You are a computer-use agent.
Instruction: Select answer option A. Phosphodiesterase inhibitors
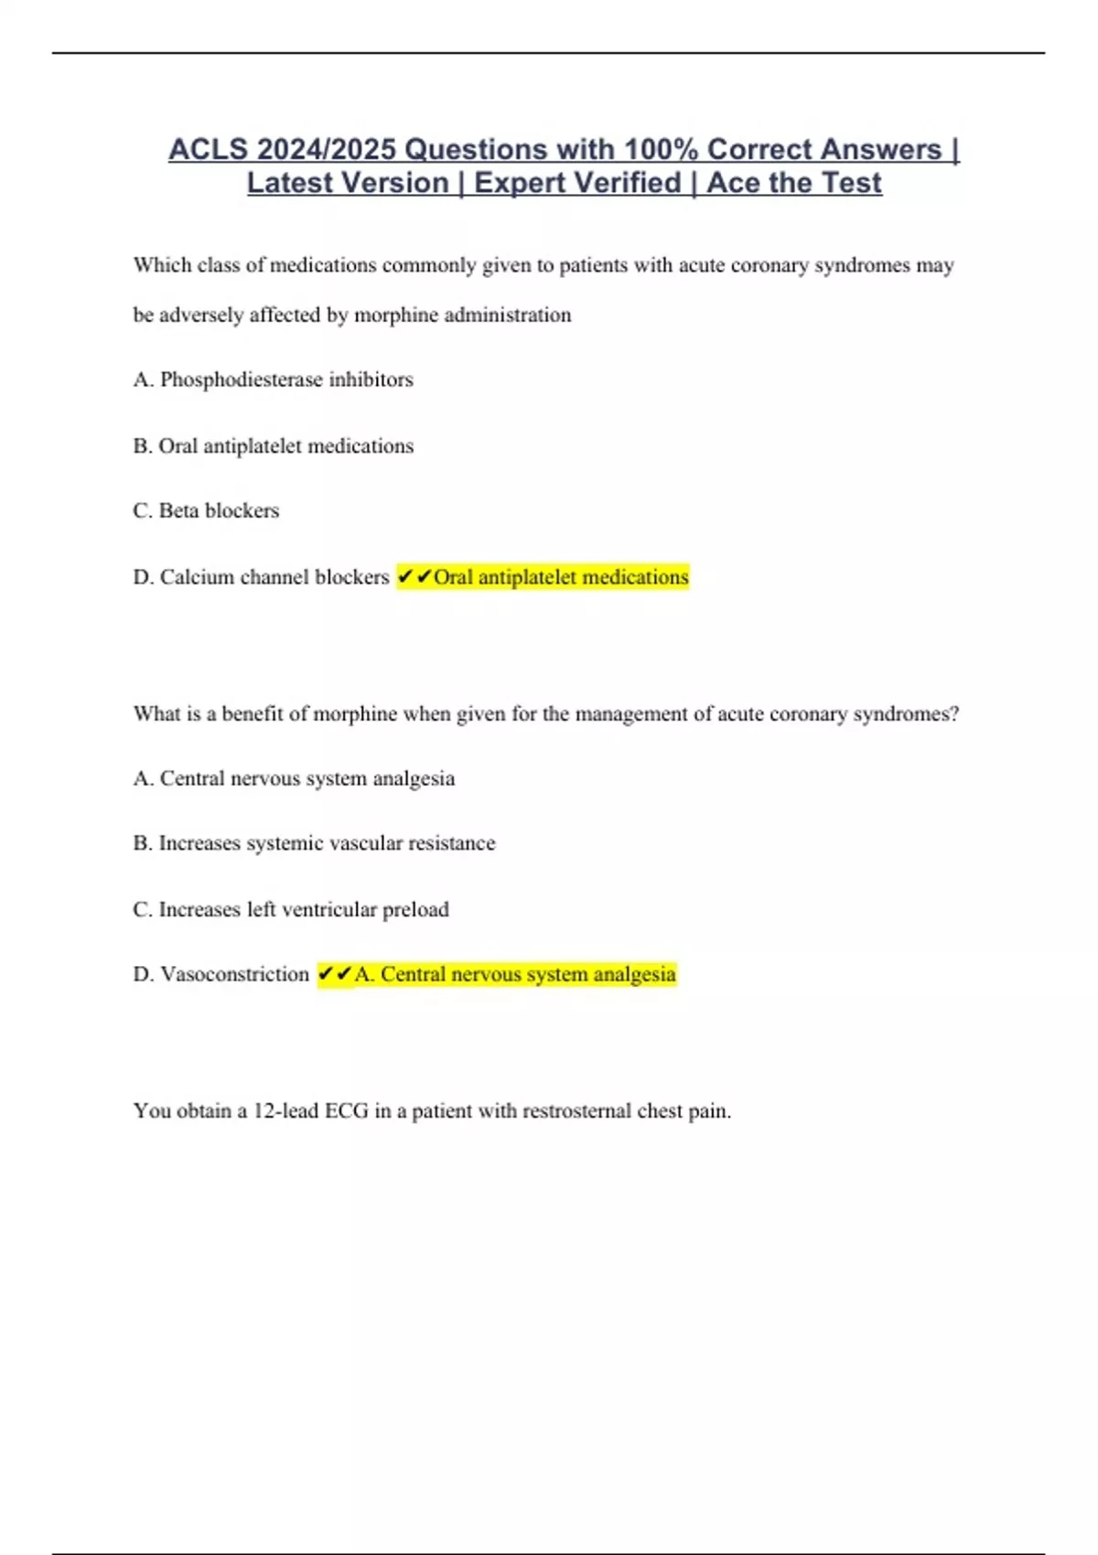[273, 380]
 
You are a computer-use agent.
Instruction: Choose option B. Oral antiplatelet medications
[273, 446]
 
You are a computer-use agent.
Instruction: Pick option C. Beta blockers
[206, 510]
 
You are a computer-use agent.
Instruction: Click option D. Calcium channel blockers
[261, 577]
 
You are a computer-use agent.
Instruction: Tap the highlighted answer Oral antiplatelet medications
[560, 577]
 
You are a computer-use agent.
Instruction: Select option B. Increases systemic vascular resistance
[314, 843]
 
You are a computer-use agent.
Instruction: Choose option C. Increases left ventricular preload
[291, 909]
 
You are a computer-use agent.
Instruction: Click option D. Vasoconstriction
[221, 974]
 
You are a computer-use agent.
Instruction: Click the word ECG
[347, 1111]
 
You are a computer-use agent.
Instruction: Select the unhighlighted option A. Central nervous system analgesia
[294, 778]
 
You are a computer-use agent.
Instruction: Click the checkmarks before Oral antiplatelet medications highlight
[414, 577]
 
